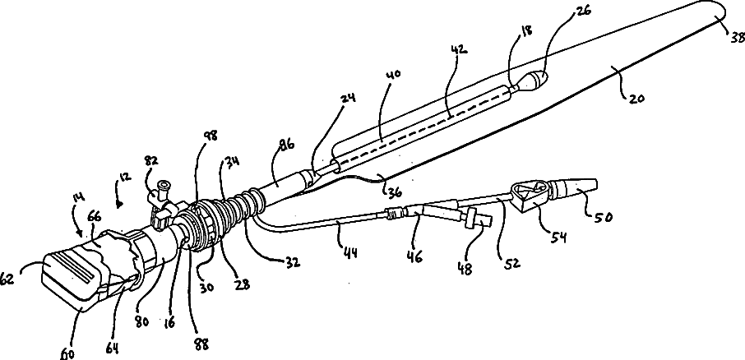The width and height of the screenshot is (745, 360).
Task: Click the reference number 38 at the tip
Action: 733,35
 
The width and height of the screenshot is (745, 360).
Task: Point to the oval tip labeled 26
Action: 535,81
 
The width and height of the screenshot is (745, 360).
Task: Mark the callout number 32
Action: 293,263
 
